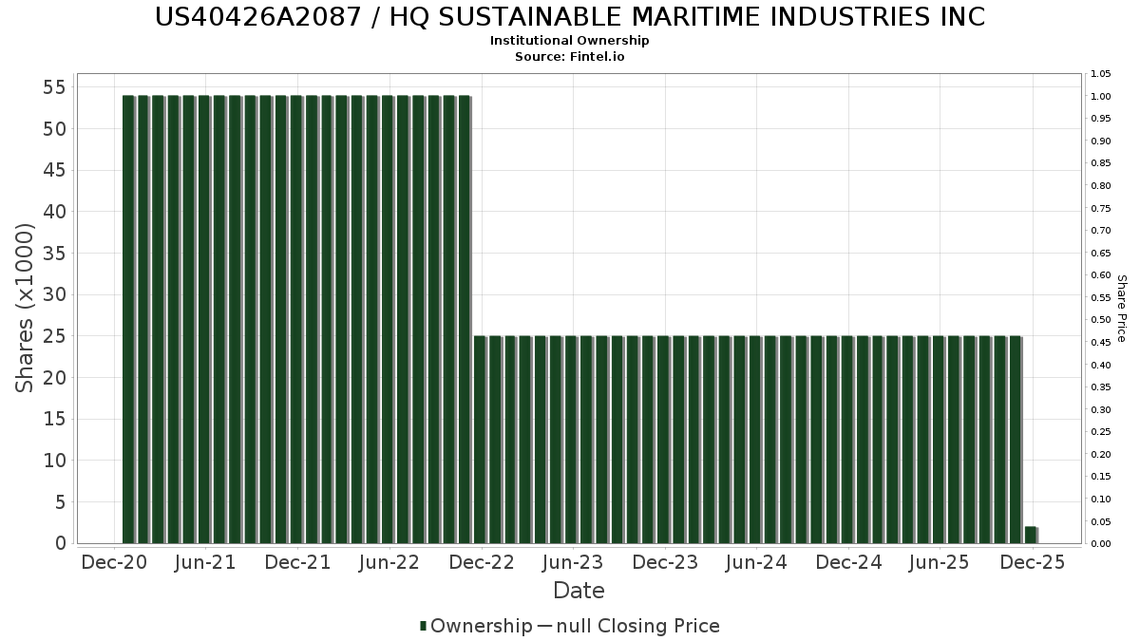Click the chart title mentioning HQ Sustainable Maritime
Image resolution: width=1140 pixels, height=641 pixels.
569,17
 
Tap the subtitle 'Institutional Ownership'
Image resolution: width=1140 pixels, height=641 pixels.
569,41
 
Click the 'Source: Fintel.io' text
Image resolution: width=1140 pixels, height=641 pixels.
569,57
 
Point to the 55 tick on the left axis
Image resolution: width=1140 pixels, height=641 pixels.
53,87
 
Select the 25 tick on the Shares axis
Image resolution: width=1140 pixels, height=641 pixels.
53,336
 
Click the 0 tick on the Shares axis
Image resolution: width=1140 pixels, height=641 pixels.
60,543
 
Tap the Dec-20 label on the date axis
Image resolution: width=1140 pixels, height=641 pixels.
114,562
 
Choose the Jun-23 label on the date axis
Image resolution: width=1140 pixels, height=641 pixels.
573,562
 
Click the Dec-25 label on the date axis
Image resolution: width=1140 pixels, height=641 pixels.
1033,562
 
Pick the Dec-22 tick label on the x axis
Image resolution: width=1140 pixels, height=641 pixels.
482,562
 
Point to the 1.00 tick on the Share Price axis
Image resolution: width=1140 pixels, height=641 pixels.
1101,97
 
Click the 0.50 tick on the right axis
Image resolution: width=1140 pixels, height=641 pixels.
1101,320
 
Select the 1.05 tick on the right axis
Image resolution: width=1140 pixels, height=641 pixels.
1101,74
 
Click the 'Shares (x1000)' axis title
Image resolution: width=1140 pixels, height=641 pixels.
26,308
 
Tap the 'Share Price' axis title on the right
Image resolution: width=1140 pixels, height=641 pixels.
1121,308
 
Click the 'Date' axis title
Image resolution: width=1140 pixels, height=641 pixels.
579,591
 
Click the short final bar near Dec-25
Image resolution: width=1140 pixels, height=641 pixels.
1031,535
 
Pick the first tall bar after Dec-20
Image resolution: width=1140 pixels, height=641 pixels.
128,319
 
